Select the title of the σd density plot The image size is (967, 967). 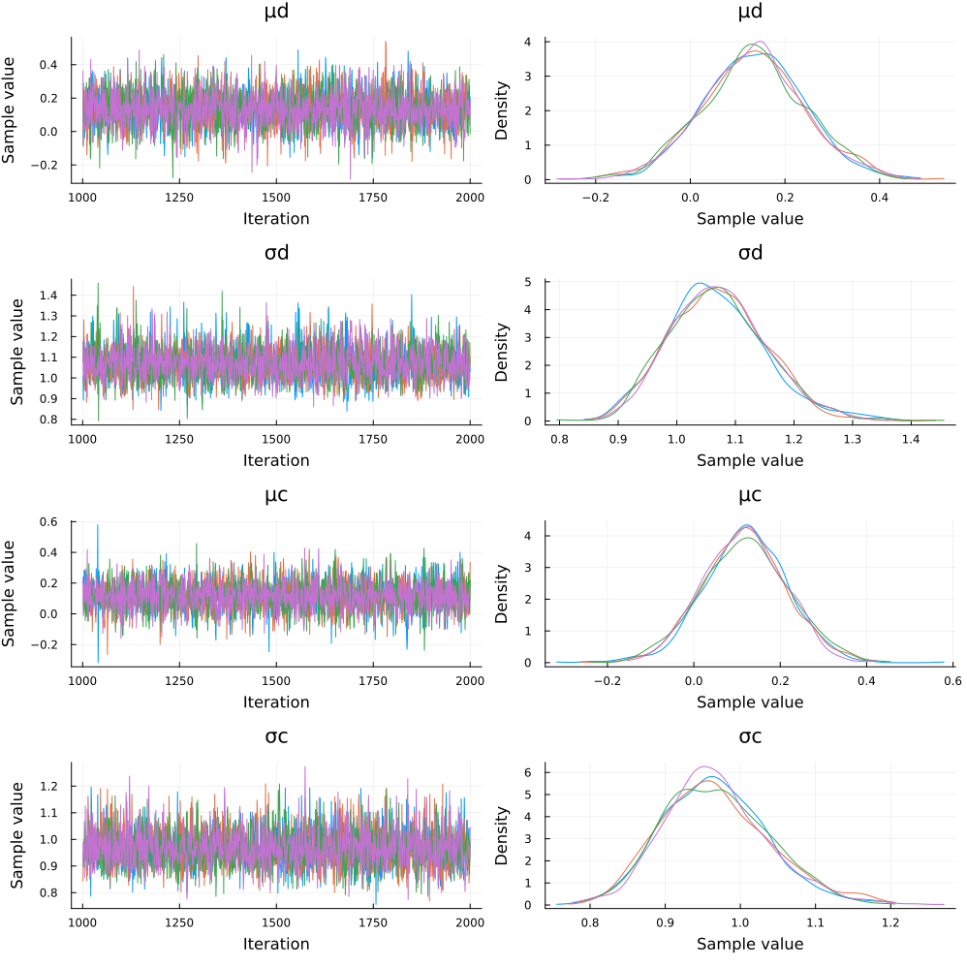[750, 254]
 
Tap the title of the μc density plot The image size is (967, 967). [750, 496]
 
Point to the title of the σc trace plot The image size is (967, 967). [276, 737]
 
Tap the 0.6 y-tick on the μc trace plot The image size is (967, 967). [57, 522]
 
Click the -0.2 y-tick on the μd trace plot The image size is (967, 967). [53, 166]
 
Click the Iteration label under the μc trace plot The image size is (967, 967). [276, 702]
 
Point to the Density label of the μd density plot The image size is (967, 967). [503, 109]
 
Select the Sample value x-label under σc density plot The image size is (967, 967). [750, 944]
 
